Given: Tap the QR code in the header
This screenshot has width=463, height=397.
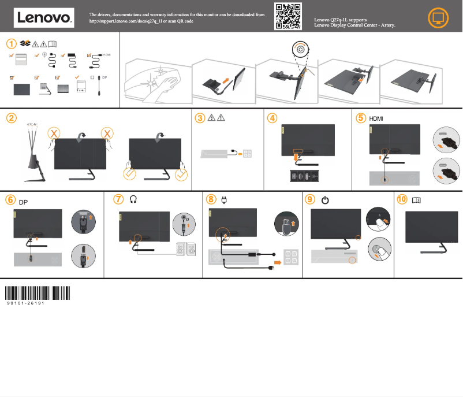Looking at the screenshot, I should click(x=287, y=16).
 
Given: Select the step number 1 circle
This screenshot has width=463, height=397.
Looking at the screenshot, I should click(x=11, y=43).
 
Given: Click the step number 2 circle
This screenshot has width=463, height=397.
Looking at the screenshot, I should click(x=11, y=118).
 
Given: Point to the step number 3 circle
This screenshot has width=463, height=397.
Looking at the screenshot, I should click(x=200, y=118).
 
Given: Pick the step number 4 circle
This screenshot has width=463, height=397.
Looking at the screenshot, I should click(x=272, y=118).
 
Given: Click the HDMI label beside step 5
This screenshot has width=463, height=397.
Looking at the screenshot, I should click(x=376, y=118).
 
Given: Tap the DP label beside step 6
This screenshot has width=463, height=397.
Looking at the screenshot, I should click(x=23, y=202).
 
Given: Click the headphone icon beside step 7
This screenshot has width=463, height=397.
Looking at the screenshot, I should click(x=134, y=199).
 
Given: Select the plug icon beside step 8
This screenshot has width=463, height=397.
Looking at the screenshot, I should click(x=225, y=199).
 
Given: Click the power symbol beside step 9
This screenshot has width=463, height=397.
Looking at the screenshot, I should click(x=325, y=200).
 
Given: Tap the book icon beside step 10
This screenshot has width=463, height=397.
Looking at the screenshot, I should click(x=417, y=200).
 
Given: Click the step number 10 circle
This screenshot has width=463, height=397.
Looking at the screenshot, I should click(x=402, y=199).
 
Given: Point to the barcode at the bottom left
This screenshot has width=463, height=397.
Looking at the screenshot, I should click(x=38, y=292).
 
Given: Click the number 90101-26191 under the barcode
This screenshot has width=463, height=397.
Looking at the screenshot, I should click(x=26, y=303).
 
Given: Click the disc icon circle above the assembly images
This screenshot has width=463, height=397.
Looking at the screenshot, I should click(x=300, y=49).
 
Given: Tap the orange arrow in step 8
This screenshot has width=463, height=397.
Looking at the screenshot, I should click(x=278, y=261).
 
